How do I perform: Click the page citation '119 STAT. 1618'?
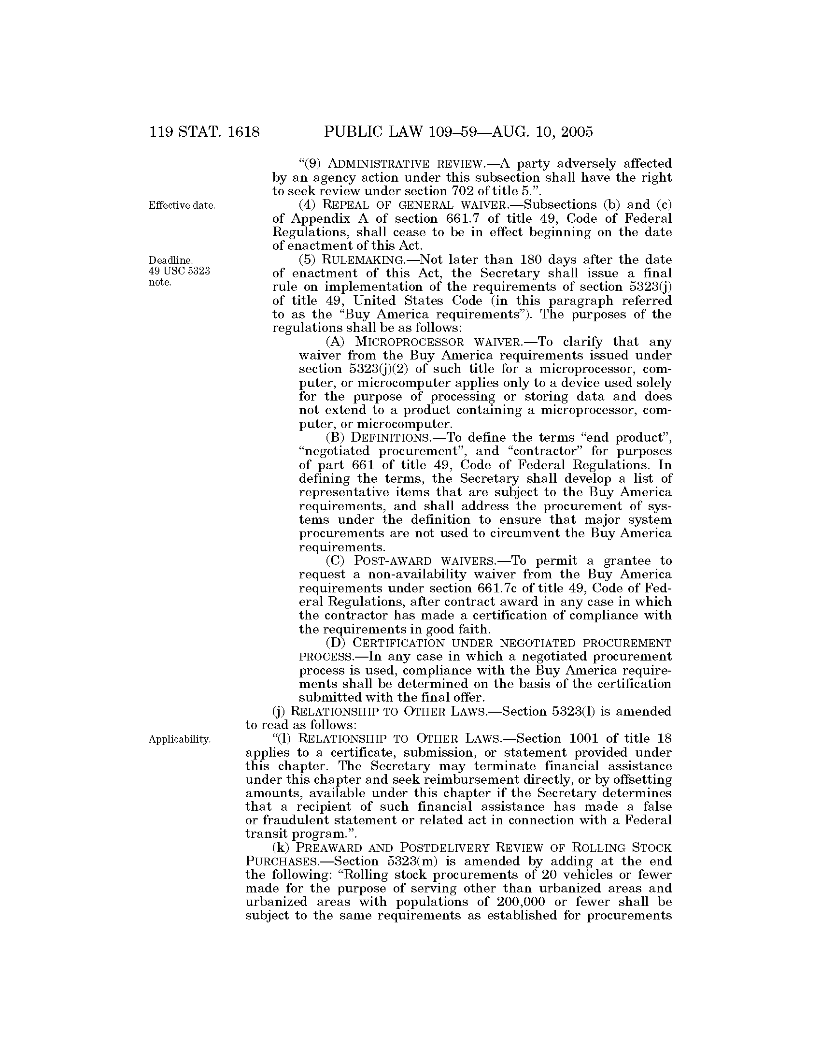coord(205,132)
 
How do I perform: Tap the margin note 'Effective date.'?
coord(182,205)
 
